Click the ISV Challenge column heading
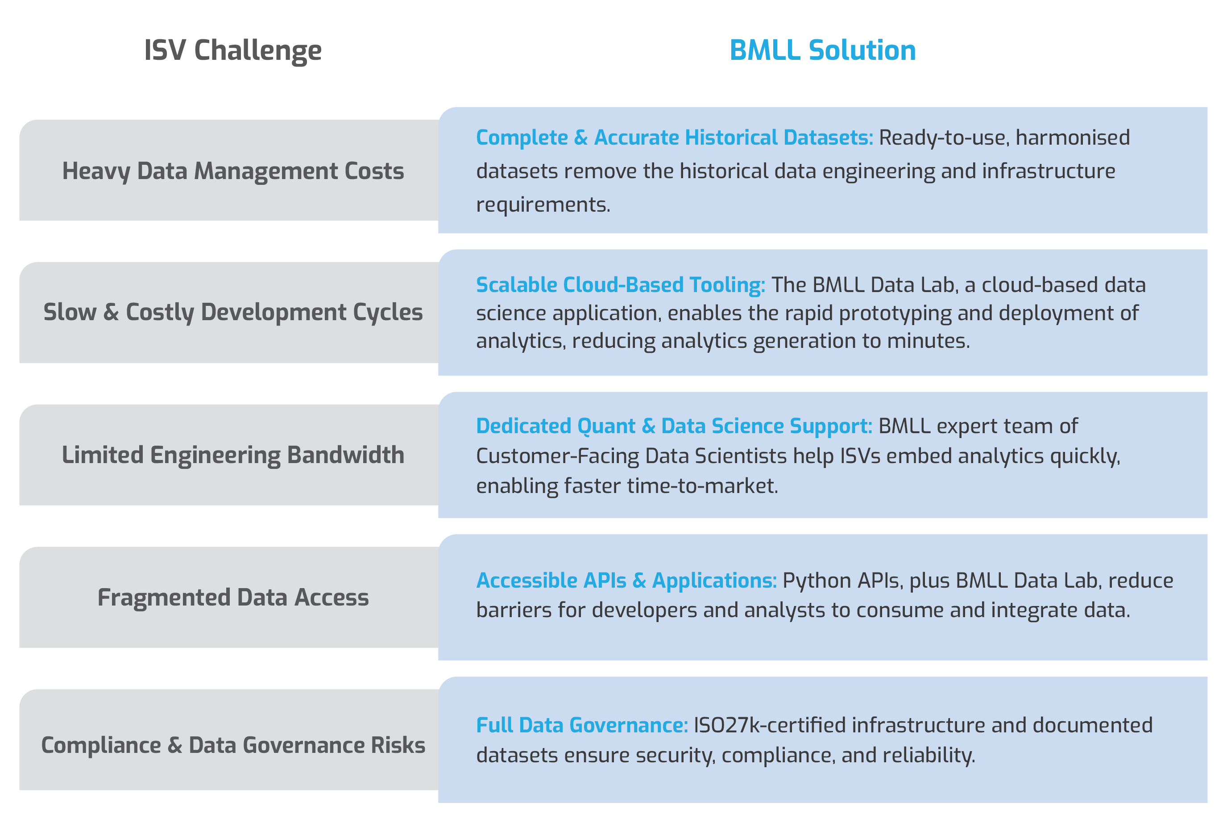233,50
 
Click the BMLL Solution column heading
822,50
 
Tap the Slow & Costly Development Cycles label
233,312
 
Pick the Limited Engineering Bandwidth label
233,455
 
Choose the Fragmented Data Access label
233,598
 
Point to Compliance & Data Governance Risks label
233,745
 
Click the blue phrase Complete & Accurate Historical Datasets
674,138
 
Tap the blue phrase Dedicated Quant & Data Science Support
674,426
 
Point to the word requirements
543,205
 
